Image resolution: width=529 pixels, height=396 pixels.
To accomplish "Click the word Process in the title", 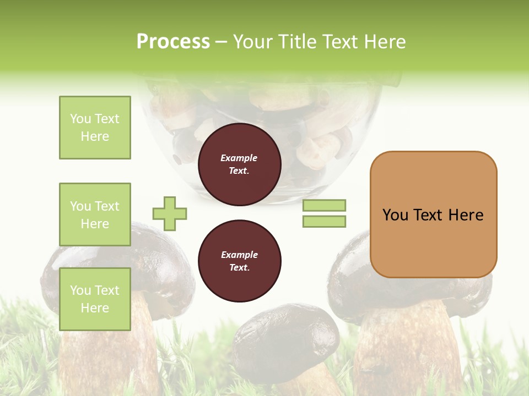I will click(x=173, y=42).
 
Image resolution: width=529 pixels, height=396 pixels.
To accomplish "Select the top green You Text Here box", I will click(x=95, y=128).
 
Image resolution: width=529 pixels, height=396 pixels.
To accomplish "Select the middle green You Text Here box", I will click(x=95, y=215).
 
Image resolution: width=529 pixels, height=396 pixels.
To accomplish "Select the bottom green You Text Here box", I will click(x=95, y=299).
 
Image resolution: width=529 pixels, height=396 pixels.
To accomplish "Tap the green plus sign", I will click(x=170, y=213).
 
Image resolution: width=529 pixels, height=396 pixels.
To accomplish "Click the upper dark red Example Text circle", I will click(x=239, y=164).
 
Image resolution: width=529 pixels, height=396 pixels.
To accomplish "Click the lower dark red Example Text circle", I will click(x=239, y=261).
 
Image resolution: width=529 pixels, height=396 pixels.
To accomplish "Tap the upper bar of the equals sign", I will click(x=324, y=205).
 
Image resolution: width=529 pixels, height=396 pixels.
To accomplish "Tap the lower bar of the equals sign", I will click(x=324, y=222).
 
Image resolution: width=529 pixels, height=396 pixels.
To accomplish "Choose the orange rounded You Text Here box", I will click(x=433, y=215).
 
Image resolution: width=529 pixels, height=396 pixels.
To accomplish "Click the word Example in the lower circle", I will click(x=239, y=255).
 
